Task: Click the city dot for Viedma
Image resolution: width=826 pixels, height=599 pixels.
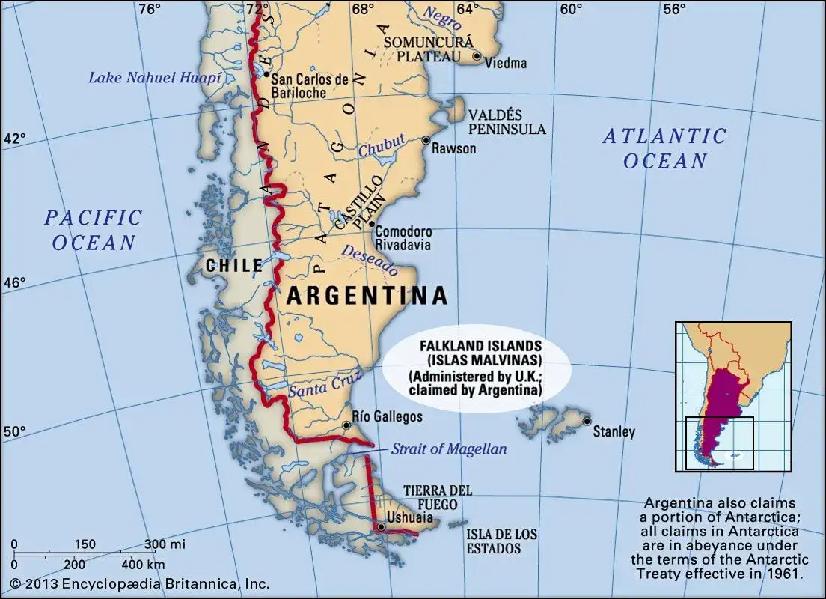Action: [x=477, y=56]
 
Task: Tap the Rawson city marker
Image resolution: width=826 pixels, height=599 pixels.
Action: [x=426, y=140]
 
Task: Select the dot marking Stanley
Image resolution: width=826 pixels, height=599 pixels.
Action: [x=587, y=421]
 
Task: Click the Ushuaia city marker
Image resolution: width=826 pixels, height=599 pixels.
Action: [x=382, y=527]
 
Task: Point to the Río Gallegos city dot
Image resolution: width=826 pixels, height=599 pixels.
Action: [x=346, y=425]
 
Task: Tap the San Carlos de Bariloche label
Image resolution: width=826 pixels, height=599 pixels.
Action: [x=309, y=85]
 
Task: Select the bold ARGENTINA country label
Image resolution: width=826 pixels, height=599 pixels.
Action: [x=367, y=296]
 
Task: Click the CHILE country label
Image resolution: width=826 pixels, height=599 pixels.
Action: [x=234, y=265]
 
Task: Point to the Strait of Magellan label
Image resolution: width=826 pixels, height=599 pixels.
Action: [x=448, y=449]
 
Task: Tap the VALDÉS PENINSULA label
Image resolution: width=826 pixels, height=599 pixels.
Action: [x=507, y=122]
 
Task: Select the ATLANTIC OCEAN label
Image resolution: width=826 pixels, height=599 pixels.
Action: [x=665, y=148]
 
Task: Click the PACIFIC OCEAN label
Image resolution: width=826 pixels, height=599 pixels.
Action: [x=94, y=230]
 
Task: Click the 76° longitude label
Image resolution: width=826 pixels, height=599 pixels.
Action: [x=150, y=9]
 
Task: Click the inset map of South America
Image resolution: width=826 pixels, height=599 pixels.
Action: [x=732, y=396]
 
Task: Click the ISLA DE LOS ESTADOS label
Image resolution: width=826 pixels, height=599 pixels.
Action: [x=501, y=541]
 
